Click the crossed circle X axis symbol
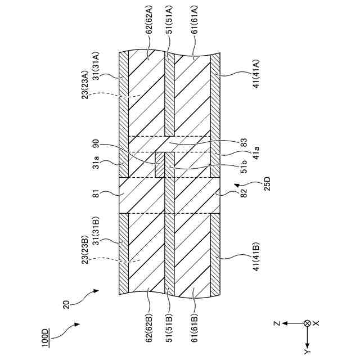click(307, 323)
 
